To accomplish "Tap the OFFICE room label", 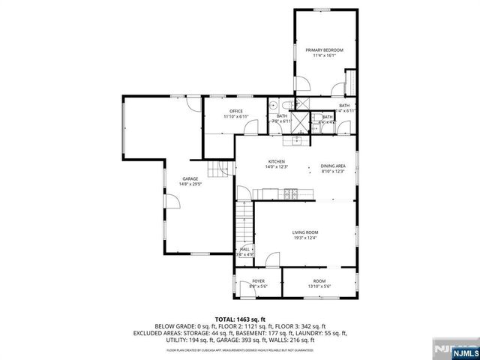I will (236, 112).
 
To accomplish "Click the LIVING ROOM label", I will (304, 232).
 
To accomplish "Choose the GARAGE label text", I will (188, 178).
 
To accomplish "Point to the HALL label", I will (244, 250).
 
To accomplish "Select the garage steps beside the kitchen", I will (217, 169).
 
